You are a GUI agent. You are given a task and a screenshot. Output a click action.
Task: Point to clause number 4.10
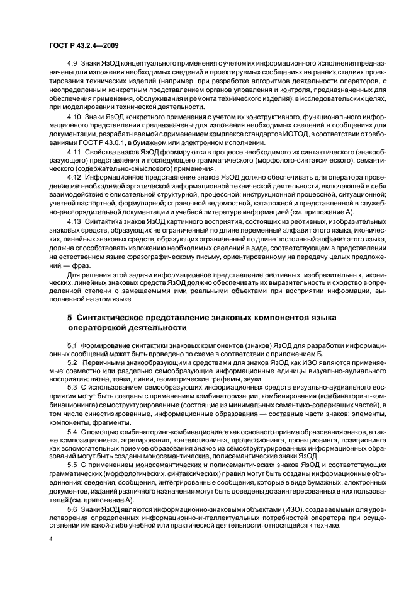[74, 117]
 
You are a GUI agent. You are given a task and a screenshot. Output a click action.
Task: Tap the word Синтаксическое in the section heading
[113, 317]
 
